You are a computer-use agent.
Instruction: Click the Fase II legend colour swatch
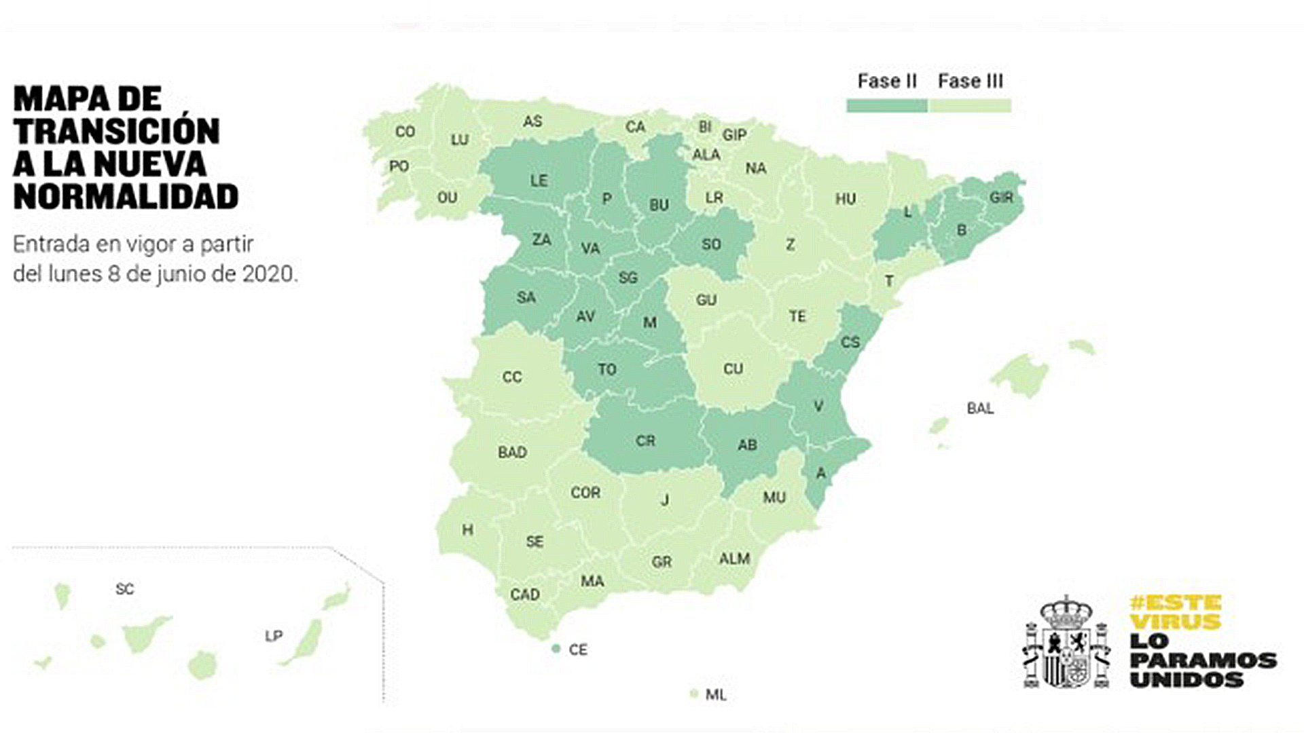[886, 106]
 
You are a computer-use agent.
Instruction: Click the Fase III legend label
[970, 81]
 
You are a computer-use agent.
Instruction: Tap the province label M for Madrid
[650, 322]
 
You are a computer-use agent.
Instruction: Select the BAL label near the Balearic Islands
[980, 409]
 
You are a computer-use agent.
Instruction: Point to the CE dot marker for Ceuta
[556, 649]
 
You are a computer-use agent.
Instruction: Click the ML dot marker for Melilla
[693, 694]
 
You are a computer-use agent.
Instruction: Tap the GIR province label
[1001, 198]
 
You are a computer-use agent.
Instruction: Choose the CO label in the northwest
[405, 132]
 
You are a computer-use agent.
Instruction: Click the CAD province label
[525, 595]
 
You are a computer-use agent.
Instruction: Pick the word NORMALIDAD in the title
[126, 197]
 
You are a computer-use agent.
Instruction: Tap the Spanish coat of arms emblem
[1066, 643]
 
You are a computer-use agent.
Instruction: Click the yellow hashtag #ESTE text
[1176, 603]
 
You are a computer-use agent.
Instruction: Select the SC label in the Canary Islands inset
[125, 589]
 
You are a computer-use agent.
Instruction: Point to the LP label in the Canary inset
[274, 636]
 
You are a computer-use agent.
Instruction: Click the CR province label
[645, 441]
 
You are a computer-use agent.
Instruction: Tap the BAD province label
[512, 452]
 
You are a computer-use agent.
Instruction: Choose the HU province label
[845, 199]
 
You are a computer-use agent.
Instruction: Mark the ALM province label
[734, 559]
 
